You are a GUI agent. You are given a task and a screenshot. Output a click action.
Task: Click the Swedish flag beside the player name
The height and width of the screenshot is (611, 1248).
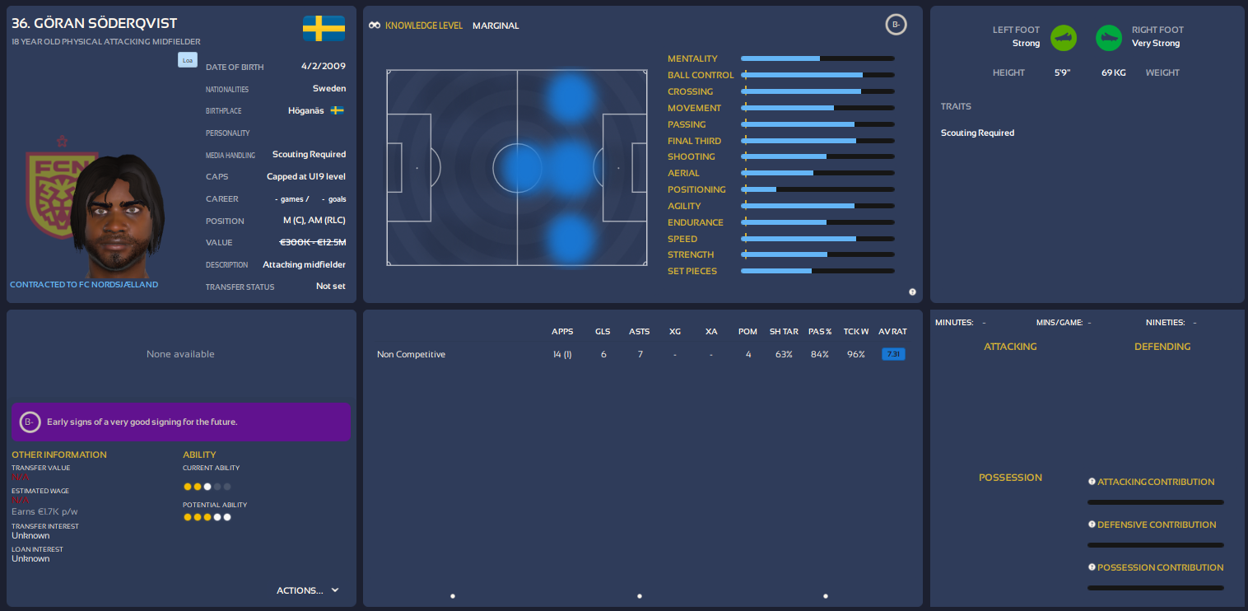(x=324, y=28)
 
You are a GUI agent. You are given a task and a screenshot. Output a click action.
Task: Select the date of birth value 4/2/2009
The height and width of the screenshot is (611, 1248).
(x=324, y=67)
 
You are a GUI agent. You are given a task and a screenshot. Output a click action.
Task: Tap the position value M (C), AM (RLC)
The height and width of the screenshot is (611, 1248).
(x=314, y=221)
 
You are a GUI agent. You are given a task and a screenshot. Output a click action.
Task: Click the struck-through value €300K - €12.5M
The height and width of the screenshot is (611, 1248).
(x=313, y=242)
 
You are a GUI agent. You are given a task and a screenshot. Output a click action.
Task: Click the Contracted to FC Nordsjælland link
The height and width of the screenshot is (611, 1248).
(x=84, y=284)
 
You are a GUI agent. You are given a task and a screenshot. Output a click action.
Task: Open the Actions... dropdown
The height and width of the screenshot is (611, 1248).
(x=308, y=590)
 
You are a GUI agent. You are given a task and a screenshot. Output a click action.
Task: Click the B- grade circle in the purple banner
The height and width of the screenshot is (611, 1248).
(x=30, y=422)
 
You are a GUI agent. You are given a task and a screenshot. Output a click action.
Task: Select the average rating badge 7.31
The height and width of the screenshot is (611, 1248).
(x=892, y=354)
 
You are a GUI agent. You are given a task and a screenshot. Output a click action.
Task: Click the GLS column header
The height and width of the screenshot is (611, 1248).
(x=603, y=331)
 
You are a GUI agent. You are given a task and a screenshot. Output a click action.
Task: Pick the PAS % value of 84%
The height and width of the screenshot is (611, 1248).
(x=819, y=354)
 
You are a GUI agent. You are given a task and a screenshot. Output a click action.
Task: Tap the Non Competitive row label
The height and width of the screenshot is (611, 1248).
(x=411, y=354)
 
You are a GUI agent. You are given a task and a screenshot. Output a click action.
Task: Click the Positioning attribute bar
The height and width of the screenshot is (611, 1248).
(x=817, y=189)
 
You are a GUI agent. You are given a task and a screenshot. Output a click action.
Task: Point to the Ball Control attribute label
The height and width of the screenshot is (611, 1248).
(x=701, y=75)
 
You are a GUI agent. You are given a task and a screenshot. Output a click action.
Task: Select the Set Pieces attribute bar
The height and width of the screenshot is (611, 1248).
(x=817, y=271)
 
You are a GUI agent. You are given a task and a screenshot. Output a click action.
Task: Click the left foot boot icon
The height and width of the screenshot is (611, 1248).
(x=1064, y=37)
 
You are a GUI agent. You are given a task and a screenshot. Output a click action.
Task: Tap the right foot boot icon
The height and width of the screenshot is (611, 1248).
(x=1109, y=37)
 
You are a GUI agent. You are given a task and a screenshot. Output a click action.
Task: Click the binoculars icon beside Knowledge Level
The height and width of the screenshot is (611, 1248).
(x=375, y=26)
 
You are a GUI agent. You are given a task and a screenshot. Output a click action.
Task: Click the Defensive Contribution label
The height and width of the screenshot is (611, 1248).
(x=1157, y=525)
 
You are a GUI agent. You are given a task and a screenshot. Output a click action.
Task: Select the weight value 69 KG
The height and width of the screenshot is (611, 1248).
(x=1114, y=72)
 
